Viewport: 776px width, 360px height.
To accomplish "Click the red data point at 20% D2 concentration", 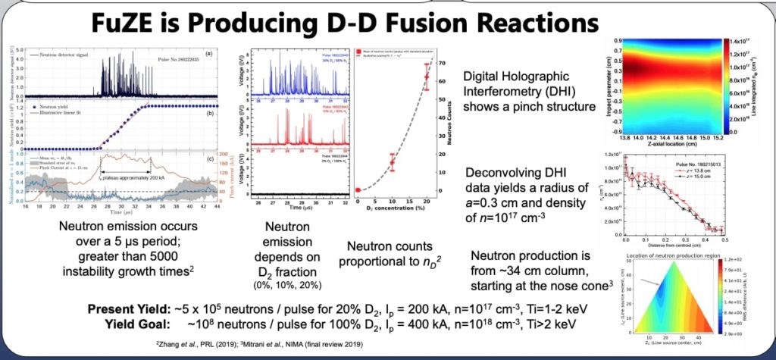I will tap(426, 77).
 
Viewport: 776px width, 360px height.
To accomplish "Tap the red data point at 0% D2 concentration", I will tap(358, 189).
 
